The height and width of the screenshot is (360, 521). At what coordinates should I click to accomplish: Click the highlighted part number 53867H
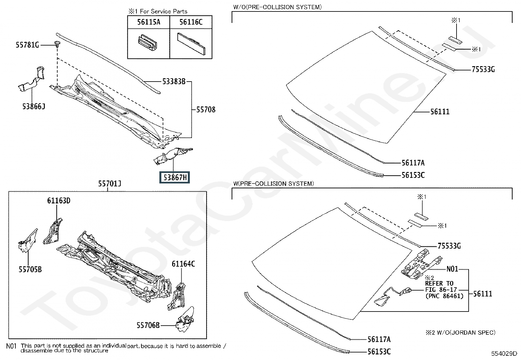click(x=174, y=178)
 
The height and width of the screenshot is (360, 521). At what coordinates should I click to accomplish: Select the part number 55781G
click(x=27, y=45)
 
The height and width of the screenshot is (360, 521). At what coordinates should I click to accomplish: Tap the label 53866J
click(x=34, y=106)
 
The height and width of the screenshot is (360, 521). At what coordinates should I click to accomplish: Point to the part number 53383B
click(x=174, y=82)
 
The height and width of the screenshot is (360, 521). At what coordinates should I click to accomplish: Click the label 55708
click(x=206, y=109)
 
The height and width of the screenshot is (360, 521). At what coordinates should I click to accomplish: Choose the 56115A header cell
click(x=149, y=22)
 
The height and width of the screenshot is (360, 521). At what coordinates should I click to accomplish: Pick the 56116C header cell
click(x=191, y=22)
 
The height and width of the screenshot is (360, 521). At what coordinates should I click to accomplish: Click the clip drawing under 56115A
click(x=148, y=43)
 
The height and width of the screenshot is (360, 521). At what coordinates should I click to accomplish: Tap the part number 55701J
click(x=110, y=183)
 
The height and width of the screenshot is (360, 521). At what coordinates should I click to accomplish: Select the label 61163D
click(x=59, y=200)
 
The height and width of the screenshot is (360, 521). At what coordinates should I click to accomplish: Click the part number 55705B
click(x=30, y=269)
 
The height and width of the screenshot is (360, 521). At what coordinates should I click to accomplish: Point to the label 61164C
click(x=183, y=264)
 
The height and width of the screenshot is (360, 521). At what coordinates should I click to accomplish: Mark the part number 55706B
click(x=148, y=325)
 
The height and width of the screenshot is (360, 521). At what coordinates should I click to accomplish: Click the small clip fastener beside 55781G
click(x=57, y=44)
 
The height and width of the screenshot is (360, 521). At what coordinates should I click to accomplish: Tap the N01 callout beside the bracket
click(x=452, y=269)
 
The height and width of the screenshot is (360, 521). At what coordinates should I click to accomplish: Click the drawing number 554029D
click(x=504, y=353)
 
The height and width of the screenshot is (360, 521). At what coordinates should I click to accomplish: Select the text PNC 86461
click(x=444, y=296)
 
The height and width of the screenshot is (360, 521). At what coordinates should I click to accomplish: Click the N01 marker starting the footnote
click(x=11, y=346)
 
